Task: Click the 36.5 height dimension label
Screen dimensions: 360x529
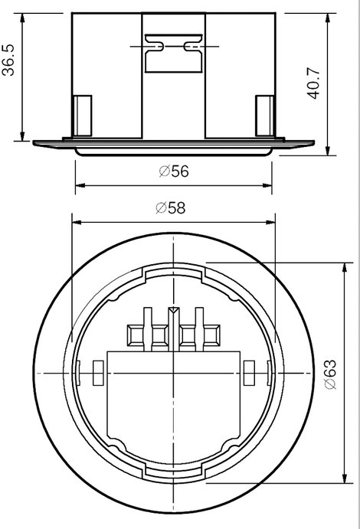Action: coord(8,60)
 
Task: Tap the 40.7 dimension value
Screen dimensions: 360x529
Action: coord(313,83)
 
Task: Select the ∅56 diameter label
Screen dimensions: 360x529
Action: coord(174,171)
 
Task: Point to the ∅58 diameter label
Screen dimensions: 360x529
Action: coord(171,207)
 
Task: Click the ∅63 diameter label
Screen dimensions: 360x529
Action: coord(331,374)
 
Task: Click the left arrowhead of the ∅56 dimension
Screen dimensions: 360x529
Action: coord(80,185)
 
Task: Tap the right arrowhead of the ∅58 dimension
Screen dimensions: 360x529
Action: coord(270,222)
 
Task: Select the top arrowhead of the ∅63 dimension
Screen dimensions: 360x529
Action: coord(345,267)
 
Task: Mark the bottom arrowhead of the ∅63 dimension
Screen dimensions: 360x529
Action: coord(345,478)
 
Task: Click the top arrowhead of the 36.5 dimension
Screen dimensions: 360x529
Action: coord(23,18)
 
